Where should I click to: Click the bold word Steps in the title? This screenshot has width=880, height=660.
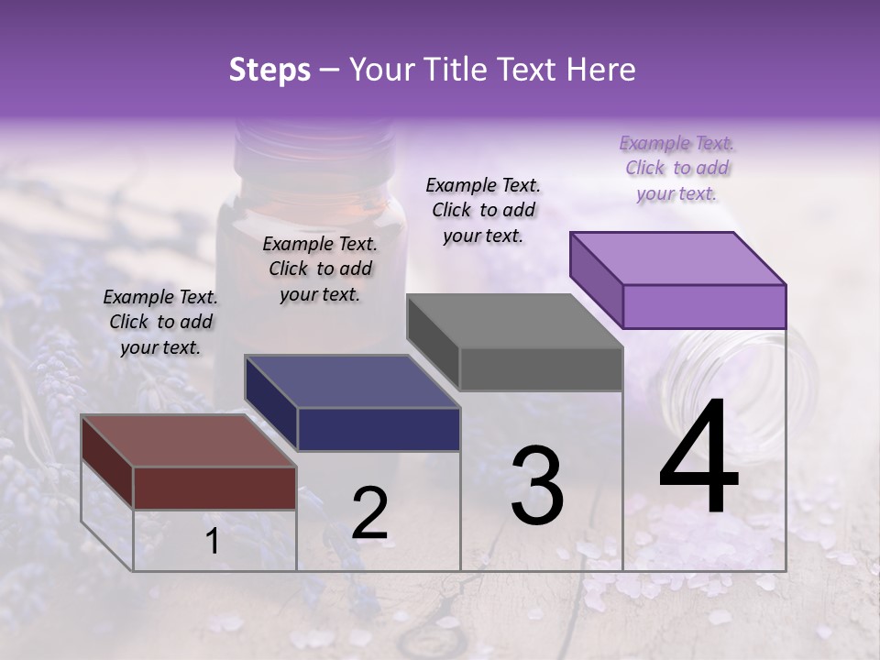(x=269, y=70)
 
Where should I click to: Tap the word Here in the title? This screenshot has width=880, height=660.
(x=600, y=70)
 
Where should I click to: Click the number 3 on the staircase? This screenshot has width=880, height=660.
(x=537, y=485)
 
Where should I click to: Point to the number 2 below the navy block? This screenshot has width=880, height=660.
(x=369, y=514)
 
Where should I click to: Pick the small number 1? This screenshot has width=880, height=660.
(x=213, y=542)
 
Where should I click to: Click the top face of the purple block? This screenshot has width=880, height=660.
(x=677, y=258)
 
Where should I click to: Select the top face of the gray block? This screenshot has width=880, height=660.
(x=513, y=320)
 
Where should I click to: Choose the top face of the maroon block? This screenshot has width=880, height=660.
(x=188, y=440)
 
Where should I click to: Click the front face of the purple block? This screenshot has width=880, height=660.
(x=704, y=306)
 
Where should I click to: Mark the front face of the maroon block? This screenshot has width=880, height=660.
(x=214, y=488)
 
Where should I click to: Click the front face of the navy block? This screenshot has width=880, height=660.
(x=379, y=429)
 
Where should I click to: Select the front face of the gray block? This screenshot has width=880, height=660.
(x=541, y=368)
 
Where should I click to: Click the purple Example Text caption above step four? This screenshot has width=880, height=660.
(x=676, y=168)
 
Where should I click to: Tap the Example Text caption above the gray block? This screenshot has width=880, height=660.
(x=483, y=210)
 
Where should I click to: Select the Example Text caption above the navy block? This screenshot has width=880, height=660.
(x=320, y=269)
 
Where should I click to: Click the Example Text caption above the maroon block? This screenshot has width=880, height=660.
(x=160, y=322)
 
